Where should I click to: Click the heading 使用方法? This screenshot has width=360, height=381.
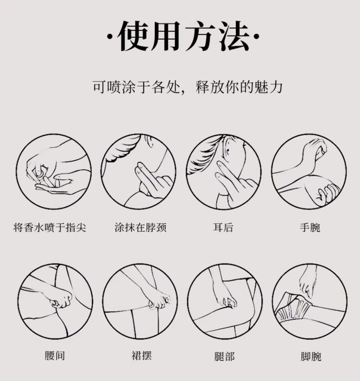pos(183,36)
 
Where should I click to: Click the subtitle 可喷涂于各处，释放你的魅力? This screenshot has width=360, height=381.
pos(187,87)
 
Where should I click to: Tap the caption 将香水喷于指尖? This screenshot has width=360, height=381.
pos(50,228)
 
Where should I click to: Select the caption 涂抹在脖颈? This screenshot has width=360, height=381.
pos(140,228)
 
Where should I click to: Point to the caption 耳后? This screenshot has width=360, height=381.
pos(223,228)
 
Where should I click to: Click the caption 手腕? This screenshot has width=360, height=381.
pos(310,228)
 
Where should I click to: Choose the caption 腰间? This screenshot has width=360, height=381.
pos(55,355)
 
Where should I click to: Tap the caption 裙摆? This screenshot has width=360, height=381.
pos(142,355)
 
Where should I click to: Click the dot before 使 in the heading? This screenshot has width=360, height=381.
pos(110,37)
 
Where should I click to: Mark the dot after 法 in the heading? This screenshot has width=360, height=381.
pos(257,37)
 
